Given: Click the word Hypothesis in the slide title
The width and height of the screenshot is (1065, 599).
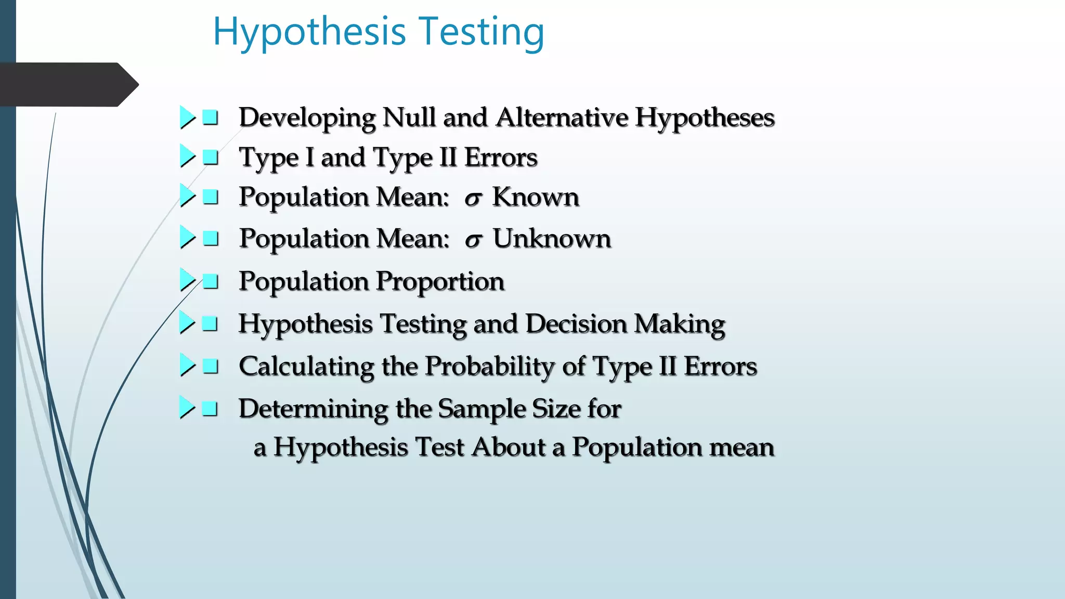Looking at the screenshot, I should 309,32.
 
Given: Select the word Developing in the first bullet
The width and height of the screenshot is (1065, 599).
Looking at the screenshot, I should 307,118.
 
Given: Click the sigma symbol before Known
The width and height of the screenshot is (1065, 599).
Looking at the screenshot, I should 473,198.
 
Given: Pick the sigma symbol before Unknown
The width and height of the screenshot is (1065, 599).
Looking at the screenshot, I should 473,240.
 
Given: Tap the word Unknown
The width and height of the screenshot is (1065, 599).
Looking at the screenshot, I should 552,239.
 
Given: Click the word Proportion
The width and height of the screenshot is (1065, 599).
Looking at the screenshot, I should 440,282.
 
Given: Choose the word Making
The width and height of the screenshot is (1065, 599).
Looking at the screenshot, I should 679,325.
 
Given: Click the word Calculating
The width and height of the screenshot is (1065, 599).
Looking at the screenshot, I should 306,367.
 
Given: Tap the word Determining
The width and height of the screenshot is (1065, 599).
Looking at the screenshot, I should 313,409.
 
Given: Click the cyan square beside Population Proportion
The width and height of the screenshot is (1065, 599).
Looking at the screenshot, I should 210,281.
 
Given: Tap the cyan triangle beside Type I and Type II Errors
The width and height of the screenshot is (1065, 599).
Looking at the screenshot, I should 187,156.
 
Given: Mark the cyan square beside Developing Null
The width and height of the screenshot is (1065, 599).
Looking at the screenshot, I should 210,118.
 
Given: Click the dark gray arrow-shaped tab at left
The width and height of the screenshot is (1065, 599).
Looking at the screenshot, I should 65,85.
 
